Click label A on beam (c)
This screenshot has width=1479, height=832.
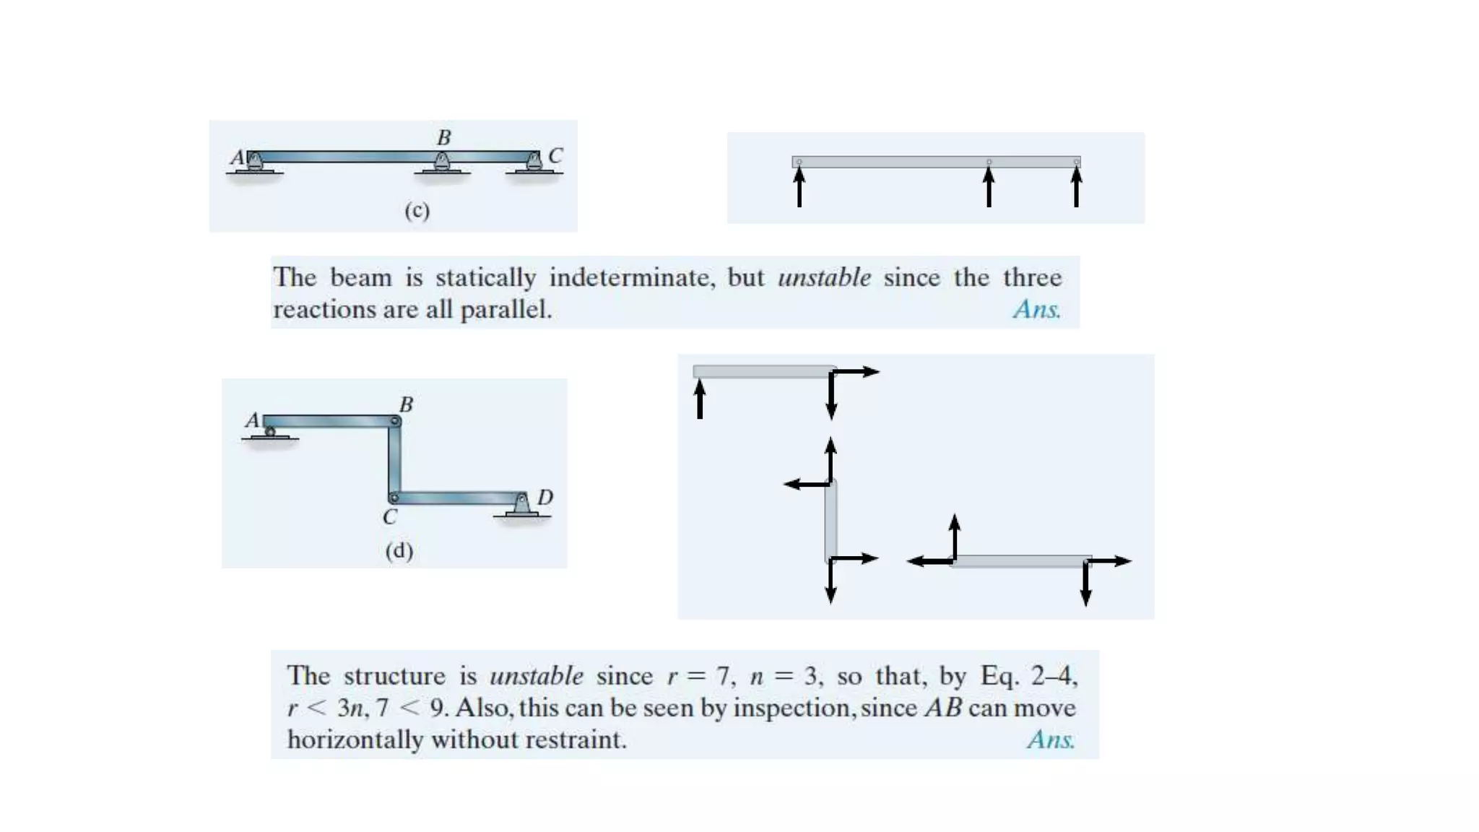pyautogui.click(x=237, y=157)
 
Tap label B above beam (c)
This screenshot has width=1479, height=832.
pyautogui.click(x=443, y=137)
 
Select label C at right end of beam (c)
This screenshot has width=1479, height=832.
pyautogui.click(x=555, y=155)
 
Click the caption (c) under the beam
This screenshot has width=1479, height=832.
pyautogui.click(x=417, y=210)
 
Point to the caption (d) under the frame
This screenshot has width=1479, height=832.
pyautogui.click(x=399, y=550)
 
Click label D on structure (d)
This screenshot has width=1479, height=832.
pyautogui.click(x=545, y=497)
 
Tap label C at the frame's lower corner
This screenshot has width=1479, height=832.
pyautogui.click(x=390, y=517)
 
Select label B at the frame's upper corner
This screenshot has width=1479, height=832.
pyautogui.click(x=406, y=404)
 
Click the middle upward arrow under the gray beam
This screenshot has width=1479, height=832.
pyautogui.click(x=989, y=187)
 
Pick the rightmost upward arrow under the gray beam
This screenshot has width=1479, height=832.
pyautogui.click(x=1076, y=187)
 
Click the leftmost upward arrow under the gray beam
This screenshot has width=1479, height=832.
pyautogui.click(x=799, y=187)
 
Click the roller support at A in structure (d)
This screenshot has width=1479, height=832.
pyautogui.click(x=270, y=433)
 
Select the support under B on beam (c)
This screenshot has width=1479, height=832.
pyautogui.click(x=442, y=164)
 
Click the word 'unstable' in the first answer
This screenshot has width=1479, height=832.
pyautogui.click(x=824, y=277)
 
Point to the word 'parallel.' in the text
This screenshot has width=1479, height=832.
pyautogui.click(x=506, y=309)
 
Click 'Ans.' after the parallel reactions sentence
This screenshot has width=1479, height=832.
pyautogui.click(x=1036, y=309)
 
